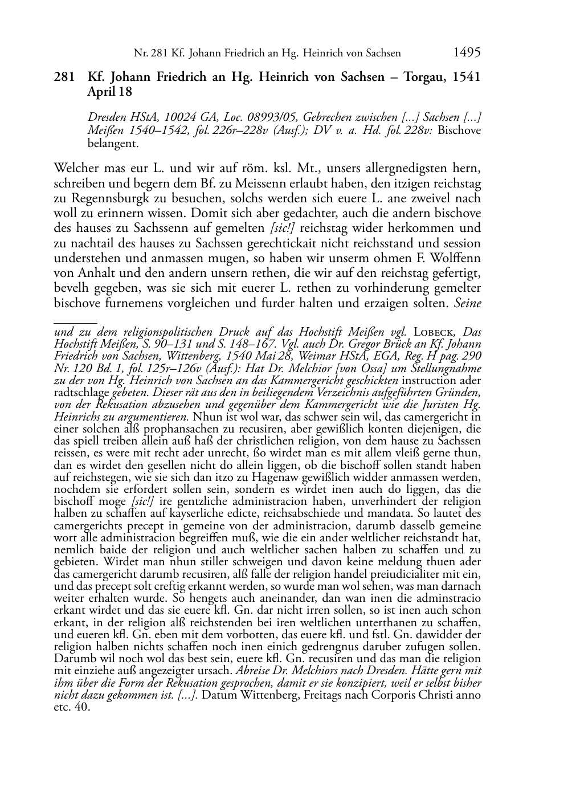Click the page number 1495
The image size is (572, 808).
coord(467,52)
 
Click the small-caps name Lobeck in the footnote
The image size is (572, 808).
coord(436,332)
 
